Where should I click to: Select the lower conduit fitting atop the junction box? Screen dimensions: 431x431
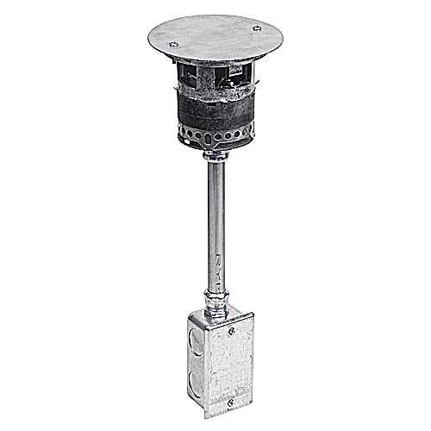(215, 303)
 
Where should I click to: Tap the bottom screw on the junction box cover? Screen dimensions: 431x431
(229, 401)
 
